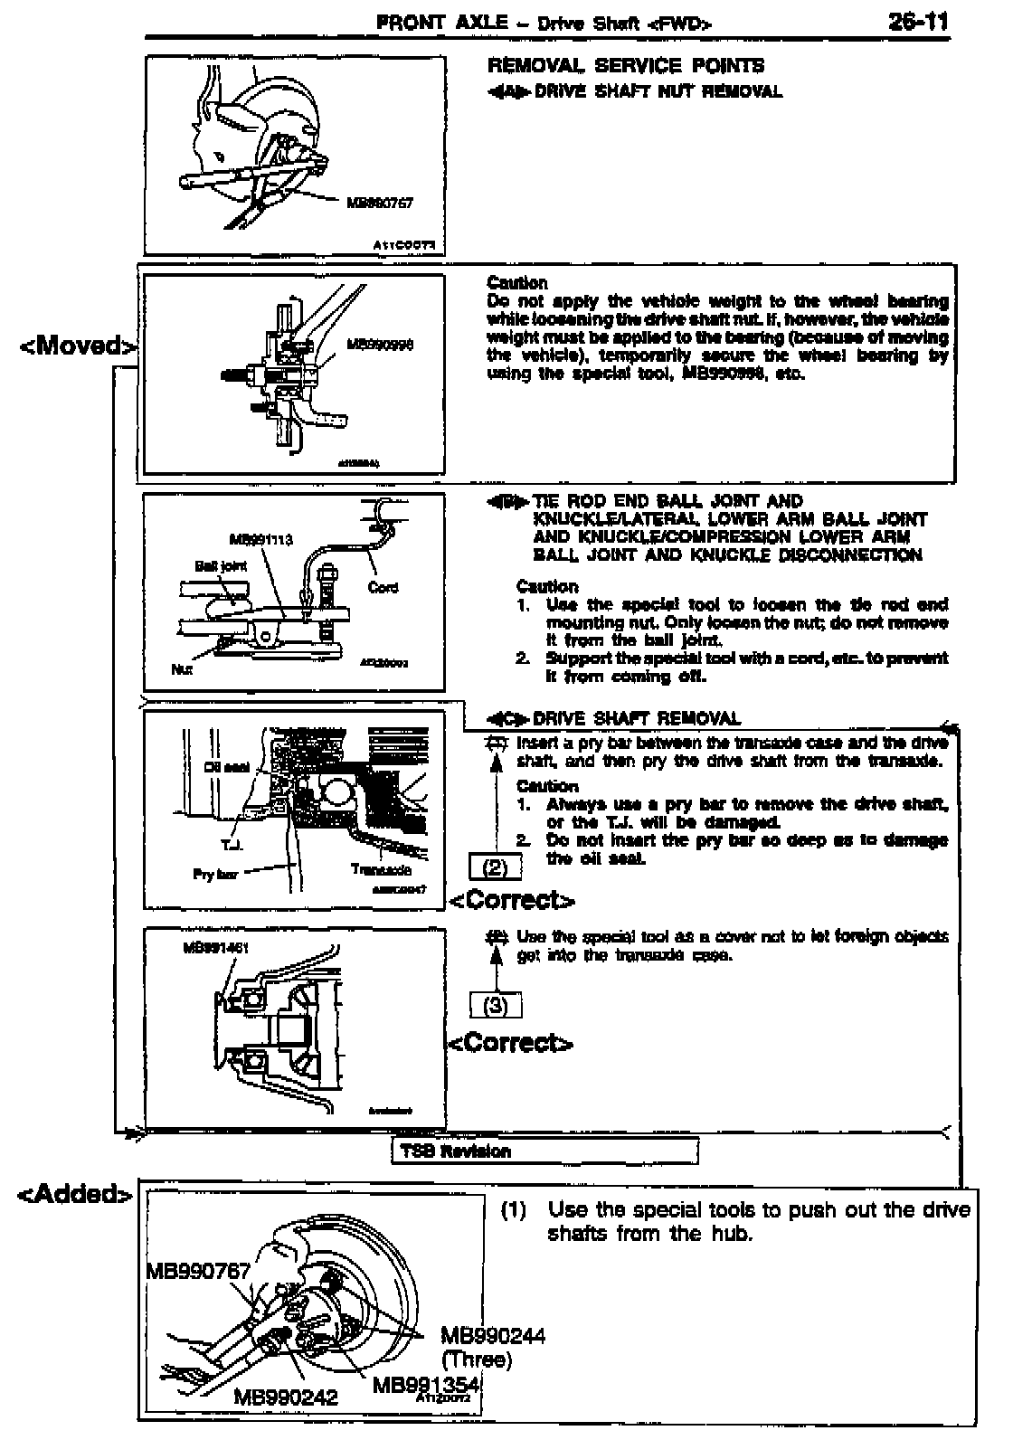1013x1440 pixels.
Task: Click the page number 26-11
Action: point(918,22)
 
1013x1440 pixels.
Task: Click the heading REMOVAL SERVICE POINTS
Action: point(626,65)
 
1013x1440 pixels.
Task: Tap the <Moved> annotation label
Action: point(80,346)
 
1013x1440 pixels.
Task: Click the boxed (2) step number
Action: point(495,867)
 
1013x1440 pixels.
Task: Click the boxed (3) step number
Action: point(496,1006)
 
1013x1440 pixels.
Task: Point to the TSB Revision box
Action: point(544,1151)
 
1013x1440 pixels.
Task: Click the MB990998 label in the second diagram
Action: point(380,346)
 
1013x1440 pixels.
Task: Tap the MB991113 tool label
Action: point(261,541)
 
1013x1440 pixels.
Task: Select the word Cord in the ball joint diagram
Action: point(383,587)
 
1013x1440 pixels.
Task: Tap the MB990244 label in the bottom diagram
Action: point(493,1336)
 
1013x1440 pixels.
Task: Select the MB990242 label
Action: point(286,1397)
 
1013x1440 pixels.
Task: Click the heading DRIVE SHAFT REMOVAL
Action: point(637,719)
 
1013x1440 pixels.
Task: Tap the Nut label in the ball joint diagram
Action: point(181,670)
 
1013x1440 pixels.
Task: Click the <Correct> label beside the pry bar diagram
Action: point(512,900)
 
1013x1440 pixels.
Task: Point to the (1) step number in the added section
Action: point(514,1209)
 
